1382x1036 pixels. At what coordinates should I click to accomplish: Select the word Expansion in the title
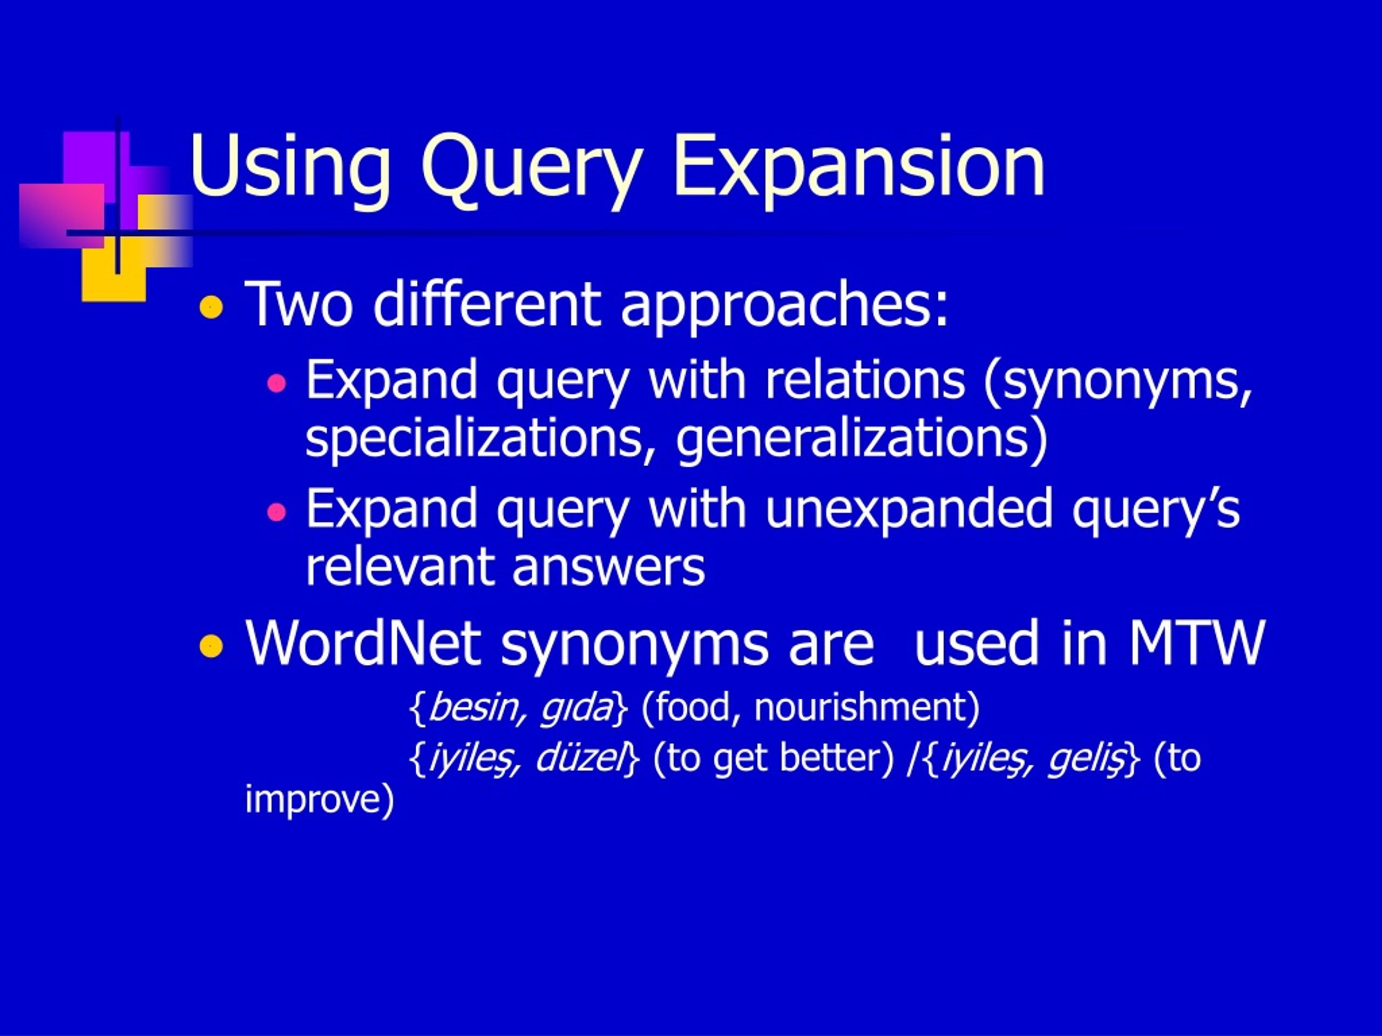pyautogui.click(x=859, y=167)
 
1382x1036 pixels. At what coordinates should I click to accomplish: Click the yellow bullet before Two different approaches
pyautogui.click(x=211, y=307)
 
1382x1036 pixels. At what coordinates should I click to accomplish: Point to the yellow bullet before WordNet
pyautogui.click(x=211, y=646)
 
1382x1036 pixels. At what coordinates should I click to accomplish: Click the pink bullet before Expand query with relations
pyautogui.click(x=276, y=383)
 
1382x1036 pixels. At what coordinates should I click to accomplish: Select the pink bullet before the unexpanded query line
pyautogui.click(x=276, y=513)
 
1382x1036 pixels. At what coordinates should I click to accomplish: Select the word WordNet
pyautogui.click(x=363, y=643)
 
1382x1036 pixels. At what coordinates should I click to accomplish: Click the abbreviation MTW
pyautogui.click(x=1196, y=643)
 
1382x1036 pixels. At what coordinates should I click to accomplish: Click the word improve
pyautogui.click(x=319, y=800)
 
